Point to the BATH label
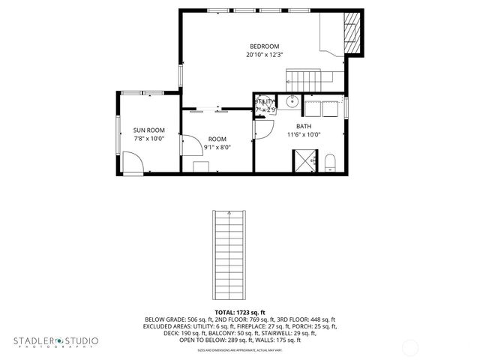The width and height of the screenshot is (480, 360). click(304, 126)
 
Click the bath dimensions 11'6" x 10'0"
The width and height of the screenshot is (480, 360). click(304, 135)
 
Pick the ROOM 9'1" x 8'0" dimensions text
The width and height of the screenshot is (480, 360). click(217, 148)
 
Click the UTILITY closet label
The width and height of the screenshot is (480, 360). click(265, 102)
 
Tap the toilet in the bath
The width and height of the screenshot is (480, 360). click(330, 162)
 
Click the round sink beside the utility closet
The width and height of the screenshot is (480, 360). click(293, 103)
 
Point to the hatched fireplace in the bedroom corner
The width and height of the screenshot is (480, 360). click(350, 34)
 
